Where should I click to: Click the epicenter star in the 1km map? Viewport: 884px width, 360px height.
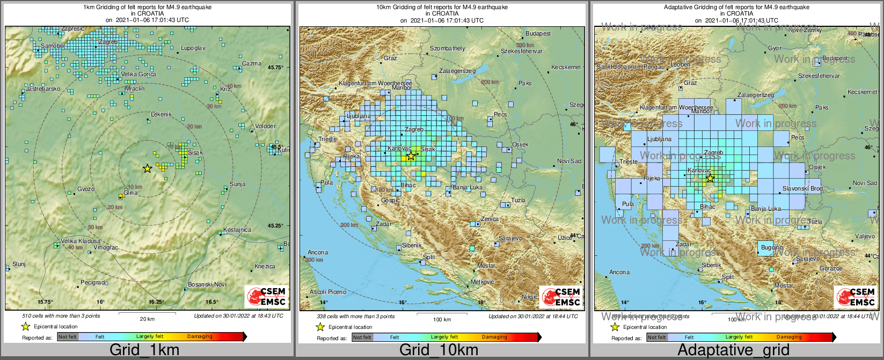tap(147, 168)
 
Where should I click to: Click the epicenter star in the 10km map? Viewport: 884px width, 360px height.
tap(411, 156)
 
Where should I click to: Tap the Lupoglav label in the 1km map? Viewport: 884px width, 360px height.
tap(193, 48)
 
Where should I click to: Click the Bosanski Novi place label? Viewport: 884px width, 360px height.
tap(207, 284)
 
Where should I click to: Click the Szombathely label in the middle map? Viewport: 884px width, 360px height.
tap(448, 49)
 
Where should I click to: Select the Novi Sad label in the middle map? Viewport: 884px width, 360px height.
tap(569, 161)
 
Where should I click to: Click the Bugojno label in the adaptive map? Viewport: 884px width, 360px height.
tap(772, 248)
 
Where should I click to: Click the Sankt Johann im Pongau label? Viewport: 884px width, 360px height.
tap(630, 67)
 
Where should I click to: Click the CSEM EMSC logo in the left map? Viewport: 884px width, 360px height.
tap(266, 297)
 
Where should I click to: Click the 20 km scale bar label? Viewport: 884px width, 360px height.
tap(147, 319)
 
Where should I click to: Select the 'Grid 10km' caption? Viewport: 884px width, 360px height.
tap(439, 350)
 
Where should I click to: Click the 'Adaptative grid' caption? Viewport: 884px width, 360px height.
tap(733, 350)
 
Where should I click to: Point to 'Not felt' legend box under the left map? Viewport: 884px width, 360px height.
tap(68, 337)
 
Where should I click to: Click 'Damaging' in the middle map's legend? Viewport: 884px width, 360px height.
tap(494, 337)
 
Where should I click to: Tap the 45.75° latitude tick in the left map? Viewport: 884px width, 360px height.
tap(275, 68)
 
